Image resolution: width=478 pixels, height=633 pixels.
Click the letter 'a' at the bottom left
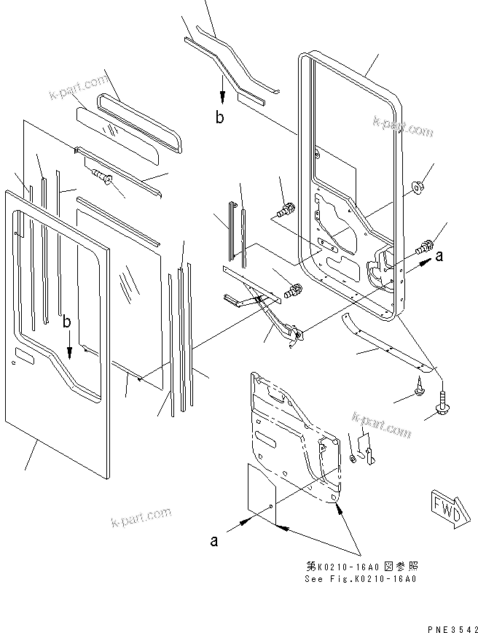(x=214, y=541)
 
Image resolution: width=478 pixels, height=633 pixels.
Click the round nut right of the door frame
(x=418, y=189)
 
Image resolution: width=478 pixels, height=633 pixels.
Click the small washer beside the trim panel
(x=353, y=459)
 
